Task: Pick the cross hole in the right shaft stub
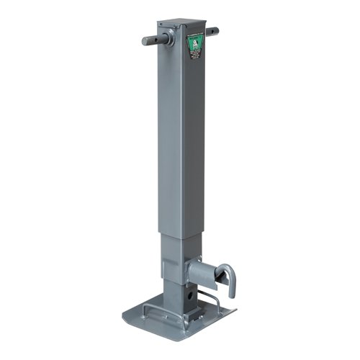coord(213,31)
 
